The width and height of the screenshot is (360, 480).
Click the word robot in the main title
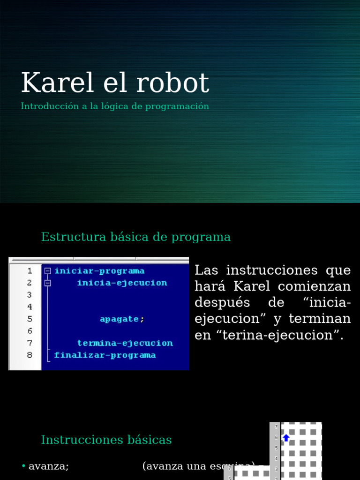pos(173,83)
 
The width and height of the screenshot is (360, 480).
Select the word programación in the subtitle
pos(177,106)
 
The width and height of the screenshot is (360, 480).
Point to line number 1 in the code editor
pos(30,271)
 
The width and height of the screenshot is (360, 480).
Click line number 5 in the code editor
pos(30,319)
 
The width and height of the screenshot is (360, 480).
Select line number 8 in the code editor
pos(30,355)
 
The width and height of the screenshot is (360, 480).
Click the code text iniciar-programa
pos(99,271)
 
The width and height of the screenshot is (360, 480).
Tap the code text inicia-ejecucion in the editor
pos(122,283)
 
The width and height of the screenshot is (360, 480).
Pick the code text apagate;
pos(122,319)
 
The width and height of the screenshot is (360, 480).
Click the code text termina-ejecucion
pos(125,343)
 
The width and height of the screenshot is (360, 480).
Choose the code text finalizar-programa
pos(105,355)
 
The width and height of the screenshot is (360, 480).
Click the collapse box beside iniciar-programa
pos(47,271)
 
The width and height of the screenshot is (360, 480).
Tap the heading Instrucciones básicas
pos(106,440)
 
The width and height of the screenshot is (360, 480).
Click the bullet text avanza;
pos(49,466)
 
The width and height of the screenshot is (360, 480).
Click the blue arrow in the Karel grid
pos(286,438)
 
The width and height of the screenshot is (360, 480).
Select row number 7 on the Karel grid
pos(276,427)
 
